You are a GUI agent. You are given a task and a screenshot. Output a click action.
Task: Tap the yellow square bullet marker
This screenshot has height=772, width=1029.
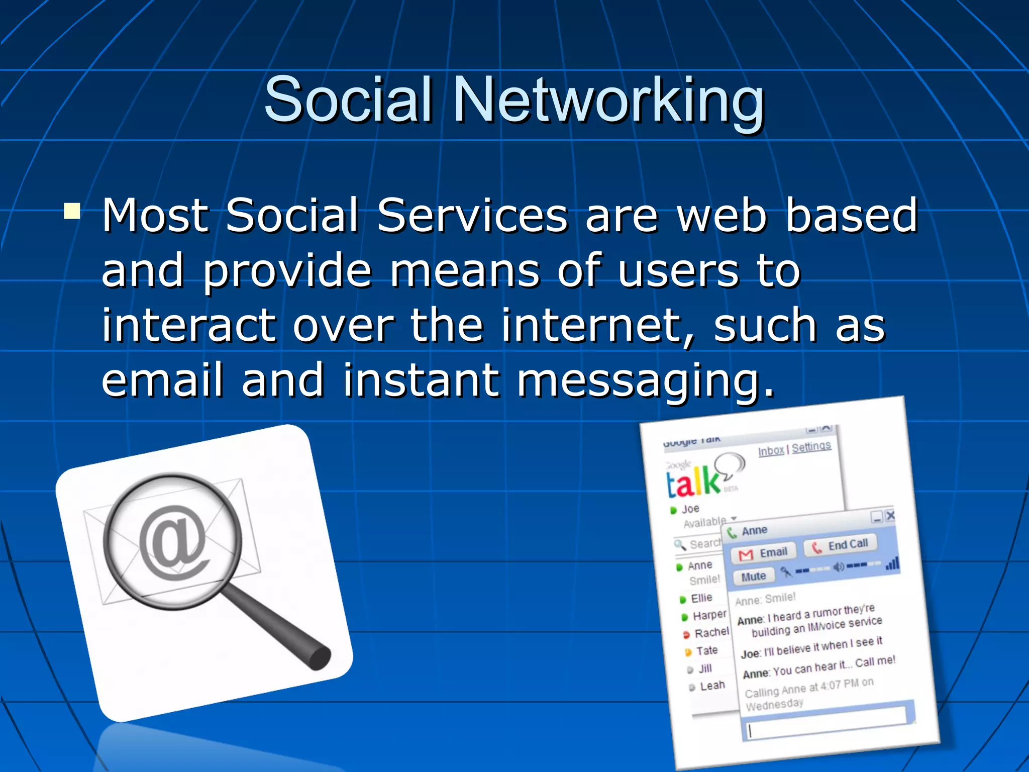click(72, 211)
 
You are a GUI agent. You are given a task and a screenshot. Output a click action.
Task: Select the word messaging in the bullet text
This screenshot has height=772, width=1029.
click(646, 380)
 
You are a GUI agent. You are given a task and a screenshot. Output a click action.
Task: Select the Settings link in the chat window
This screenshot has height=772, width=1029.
click(811, 446)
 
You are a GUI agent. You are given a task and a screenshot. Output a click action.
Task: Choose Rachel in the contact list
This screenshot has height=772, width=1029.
click(710, 632)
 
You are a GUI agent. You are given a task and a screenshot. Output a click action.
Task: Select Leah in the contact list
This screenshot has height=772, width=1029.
click(711, 686)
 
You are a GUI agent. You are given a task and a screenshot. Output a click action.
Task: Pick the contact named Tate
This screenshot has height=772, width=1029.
click(706, 651)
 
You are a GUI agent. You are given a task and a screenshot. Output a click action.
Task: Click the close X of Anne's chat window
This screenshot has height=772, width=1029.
click(890, 516)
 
